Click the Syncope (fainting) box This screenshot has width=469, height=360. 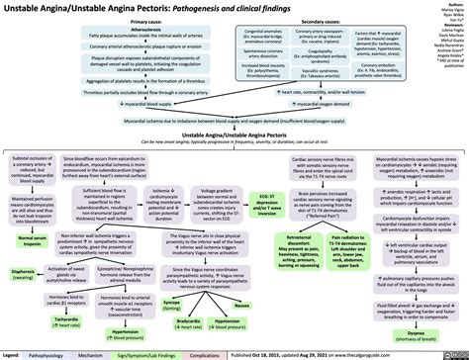click(172, 304)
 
